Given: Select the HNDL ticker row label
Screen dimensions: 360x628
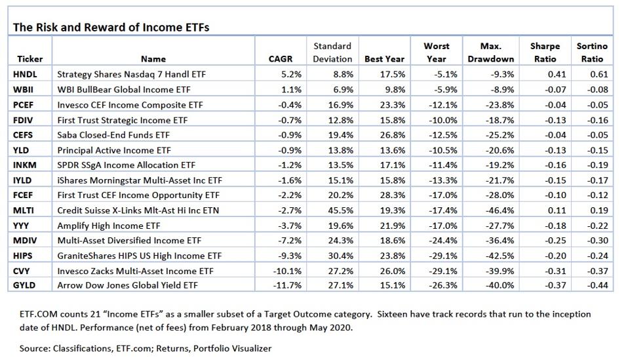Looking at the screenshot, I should pyautogui.click(x=25, y=75).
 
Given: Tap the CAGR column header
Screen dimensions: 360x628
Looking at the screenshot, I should pyautogui.click(x=281, y=59).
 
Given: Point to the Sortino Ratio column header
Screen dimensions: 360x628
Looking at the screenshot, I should pyautogui.click(x=591, y=52).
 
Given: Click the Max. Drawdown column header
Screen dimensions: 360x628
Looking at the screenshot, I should pyautogui.click(x=486, y=52).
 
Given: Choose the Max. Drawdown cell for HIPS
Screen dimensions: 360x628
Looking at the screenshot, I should pyautogui.click(x=498, y=255).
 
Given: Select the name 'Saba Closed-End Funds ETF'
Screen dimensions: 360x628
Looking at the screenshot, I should pyautogui.click(x=112, y=135).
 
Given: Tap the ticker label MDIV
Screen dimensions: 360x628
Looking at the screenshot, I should pyautogui.click(x=25, y=240).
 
